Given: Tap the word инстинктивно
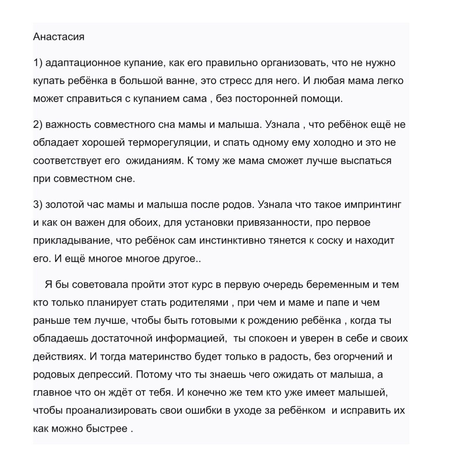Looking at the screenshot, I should tap(232, 241).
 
